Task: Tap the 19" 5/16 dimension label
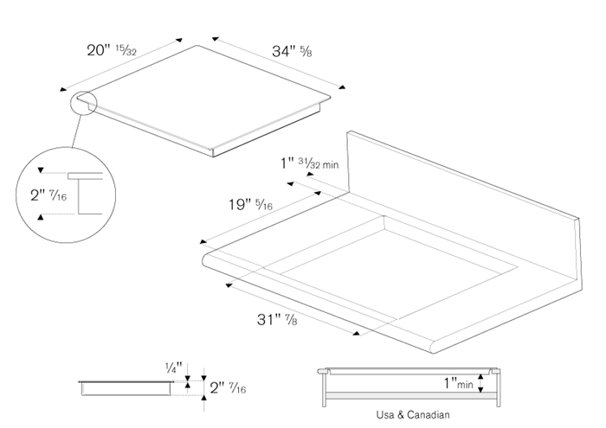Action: click(251, 205)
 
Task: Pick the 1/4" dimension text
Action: click(173, 367)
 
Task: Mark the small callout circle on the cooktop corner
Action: click(85, 103)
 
